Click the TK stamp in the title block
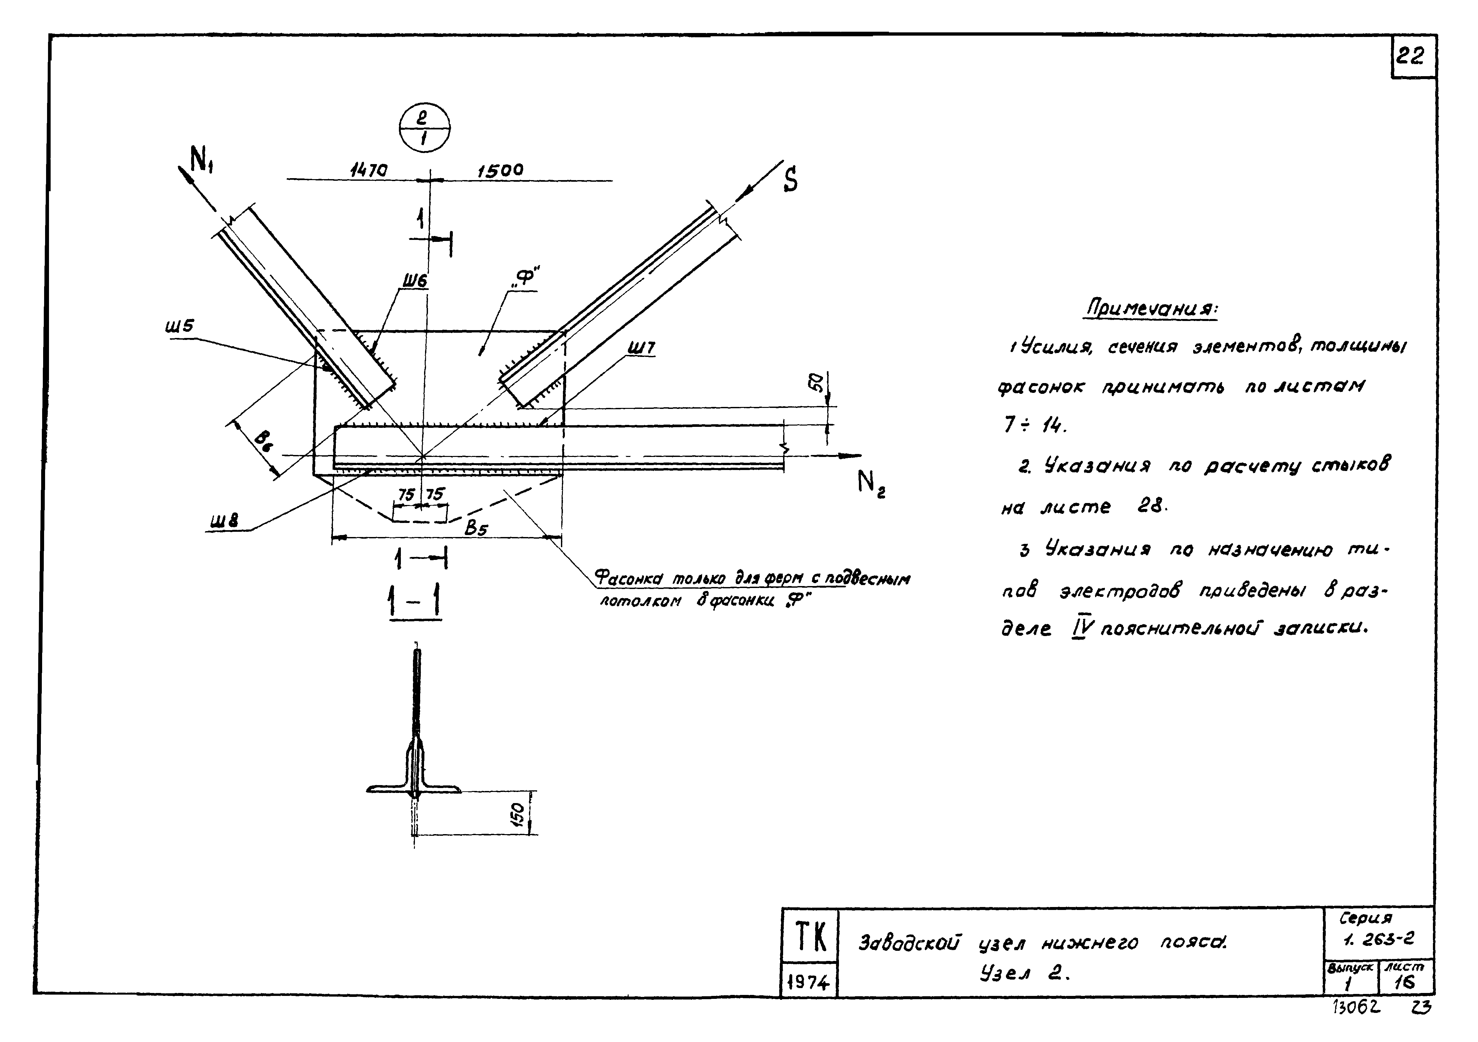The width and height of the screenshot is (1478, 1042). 810,937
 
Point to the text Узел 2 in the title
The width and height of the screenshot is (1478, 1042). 1024,974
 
